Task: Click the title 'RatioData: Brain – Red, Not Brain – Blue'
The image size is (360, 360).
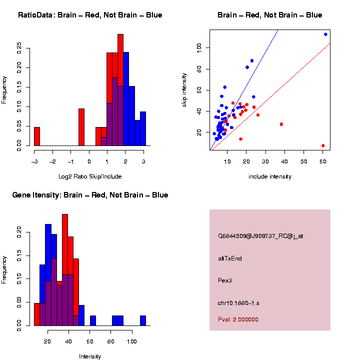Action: [90, 15]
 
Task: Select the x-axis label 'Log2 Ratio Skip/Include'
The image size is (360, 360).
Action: [89, 176]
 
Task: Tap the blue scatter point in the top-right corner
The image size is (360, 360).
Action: [325, 34]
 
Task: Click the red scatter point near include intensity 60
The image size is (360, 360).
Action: [323, 145]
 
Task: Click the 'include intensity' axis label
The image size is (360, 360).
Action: [270, 176]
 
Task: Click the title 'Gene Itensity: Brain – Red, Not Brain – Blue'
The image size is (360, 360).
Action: [90, 195]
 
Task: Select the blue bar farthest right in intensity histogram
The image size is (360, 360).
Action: [143, 320]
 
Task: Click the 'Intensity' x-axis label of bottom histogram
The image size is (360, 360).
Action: [90, 356]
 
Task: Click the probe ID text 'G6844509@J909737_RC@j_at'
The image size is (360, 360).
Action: [260, 236]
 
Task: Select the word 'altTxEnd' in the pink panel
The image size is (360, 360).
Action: [230, 258]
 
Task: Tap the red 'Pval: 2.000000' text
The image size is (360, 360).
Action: [238, 319]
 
